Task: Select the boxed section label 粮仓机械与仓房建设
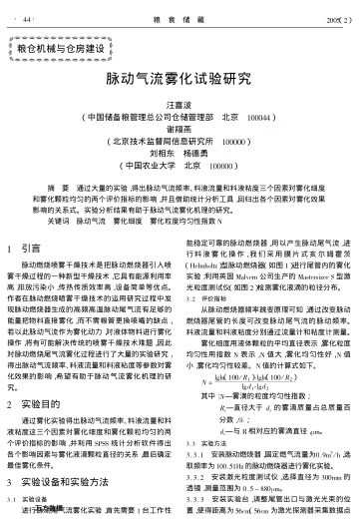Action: [x=69, y=48]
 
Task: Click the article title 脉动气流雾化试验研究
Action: [x=180, y=76]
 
